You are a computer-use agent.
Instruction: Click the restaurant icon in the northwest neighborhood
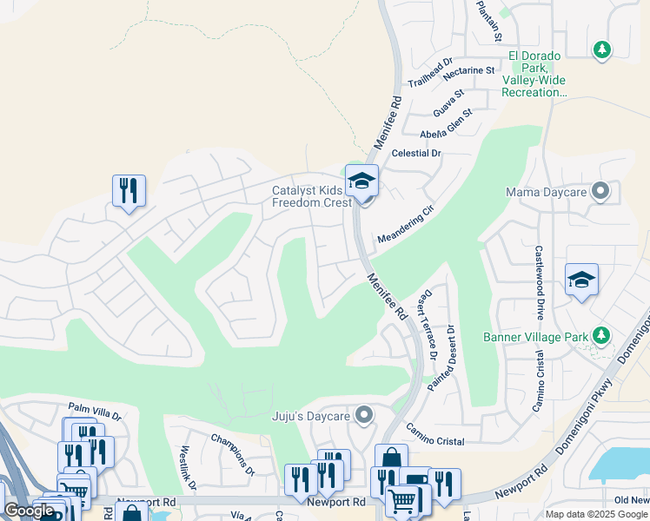[129, 190]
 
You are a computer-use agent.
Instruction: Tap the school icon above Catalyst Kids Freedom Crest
[361, 181]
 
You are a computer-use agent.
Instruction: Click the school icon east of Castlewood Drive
[581, 280]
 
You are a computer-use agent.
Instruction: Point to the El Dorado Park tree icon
[600, 50]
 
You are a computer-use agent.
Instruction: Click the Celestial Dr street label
[417, 153]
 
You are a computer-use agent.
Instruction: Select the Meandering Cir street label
[405, 225]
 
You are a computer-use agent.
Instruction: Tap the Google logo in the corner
[30, 511]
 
